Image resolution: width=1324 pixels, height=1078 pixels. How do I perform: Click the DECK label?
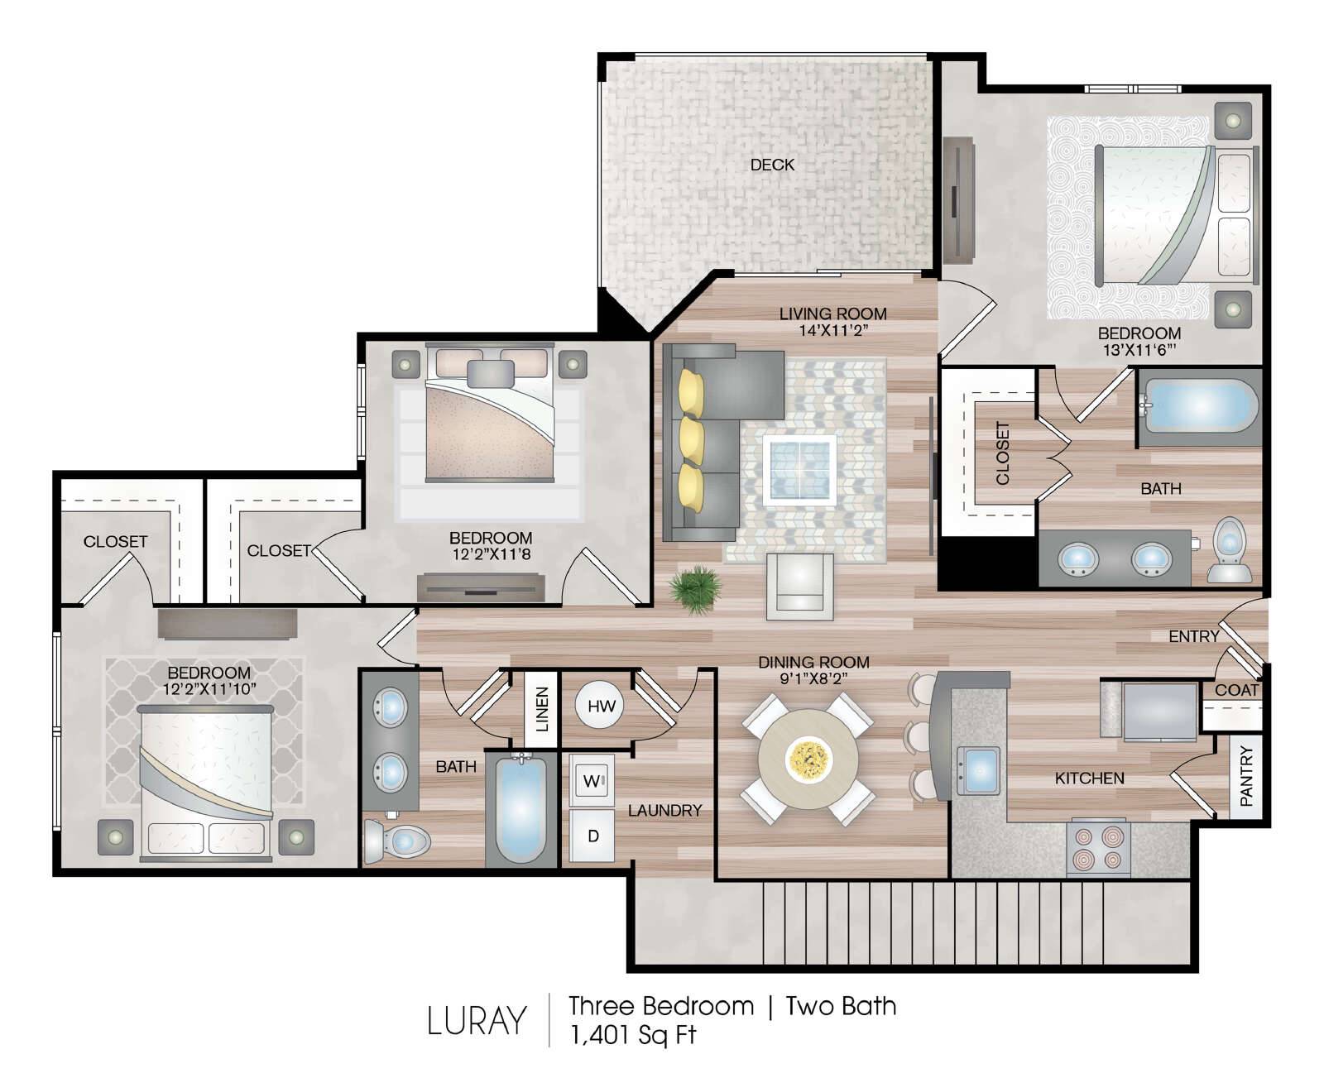(772, 165)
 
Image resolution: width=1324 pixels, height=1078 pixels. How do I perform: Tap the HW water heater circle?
(601, 706)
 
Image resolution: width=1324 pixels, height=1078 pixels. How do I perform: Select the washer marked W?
(592, 780)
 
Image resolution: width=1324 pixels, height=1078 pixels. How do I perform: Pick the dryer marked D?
(592, 835)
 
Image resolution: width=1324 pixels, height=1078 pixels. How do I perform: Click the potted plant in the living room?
(696, 588)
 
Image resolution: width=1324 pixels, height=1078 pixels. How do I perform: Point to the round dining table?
(808, 759)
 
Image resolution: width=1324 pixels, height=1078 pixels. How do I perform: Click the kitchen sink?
(978, 771)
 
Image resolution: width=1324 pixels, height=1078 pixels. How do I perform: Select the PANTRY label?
(1245, 776)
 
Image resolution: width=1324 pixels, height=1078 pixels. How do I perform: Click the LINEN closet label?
(542, 709)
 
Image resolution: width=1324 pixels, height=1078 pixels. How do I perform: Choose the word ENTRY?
(1193, 636)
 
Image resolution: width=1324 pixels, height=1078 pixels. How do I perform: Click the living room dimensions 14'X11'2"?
(833, 330)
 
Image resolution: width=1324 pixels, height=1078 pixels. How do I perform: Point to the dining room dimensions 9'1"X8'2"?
(813, 678)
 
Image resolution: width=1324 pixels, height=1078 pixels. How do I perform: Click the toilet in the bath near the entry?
(1230, 549)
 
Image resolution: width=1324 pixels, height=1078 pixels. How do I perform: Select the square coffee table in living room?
(799, 471)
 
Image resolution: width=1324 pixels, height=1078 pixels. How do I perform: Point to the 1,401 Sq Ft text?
(633, 1034)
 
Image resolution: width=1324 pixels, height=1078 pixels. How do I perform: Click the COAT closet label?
(1236, 690)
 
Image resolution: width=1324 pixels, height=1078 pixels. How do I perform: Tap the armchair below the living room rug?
(799, 587)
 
